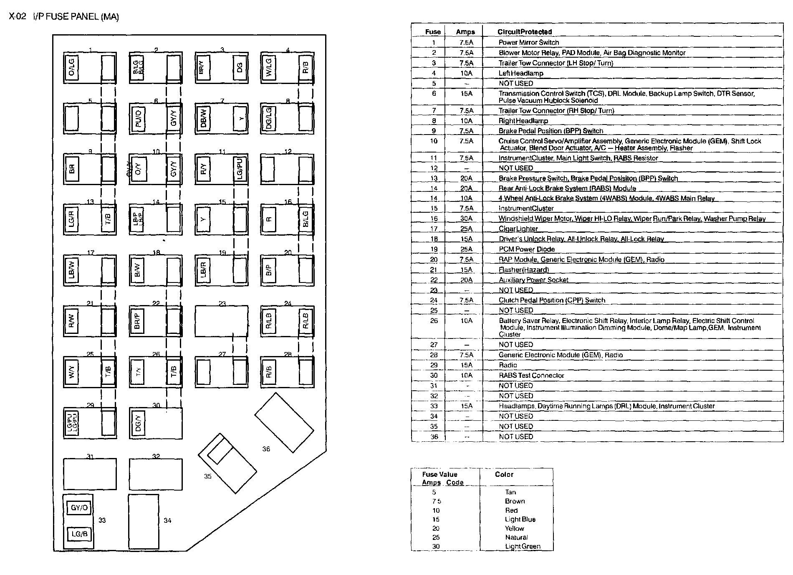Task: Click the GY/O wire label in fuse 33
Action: click(x=79, y=508)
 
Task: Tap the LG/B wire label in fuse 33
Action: click(x=79, y=534)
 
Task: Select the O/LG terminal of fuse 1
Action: click(x=71, y=68)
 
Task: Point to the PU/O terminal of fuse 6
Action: click(x=138, y=119)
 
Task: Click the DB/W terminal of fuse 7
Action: click(x=203, y=119)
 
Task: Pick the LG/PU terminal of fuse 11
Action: click(x=240, y=169)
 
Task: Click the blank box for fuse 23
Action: click(x=221, y=321)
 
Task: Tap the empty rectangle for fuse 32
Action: click(x=156, y=474)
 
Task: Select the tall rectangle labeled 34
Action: click(x=144, y=521)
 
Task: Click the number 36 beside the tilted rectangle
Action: click(x=266, y=449)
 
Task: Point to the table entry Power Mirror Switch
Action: click(x=528, y=42)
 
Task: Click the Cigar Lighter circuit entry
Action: click(x=518, y=229)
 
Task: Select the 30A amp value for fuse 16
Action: click(x=466, y=219)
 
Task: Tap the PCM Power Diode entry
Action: click(x=526, y=249)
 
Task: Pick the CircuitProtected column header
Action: click(x=524, y=32)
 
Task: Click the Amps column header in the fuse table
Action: click(x=465, y=32)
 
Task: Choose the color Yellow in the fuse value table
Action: click(x=514, y=528)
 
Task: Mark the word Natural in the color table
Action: click(x=516, y=537)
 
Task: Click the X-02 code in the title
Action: click(x=18, y=17)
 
